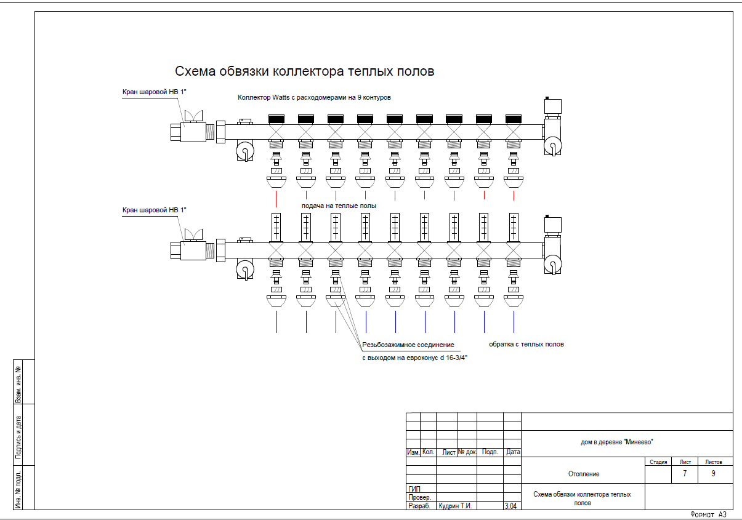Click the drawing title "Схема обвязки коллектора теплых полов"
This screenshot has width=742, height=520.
[305, 71]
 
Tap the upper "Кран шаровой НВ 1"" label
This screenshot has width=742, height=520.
[154, 92]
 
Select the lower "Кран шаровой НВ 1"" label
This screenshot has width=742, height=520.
[154, 210]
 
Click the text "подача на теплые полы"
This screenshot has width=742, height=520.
[338, 206]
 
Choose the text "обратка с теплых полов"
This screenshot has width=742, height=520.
[526, 344]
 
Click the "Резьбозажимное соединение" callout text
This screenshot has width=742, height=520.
[408, 345]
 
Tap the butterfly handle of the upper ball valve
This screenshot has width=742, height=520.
[194, 116]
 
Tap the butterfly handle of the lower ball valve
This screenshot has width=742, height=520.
[194, 234]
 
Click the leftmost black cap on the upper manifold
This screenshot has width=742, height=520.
[276, 118]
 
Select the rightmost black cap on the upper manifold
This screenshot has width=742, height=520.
[514, 118]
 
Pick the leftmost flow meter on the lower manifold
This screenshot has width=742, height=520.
[276, 226]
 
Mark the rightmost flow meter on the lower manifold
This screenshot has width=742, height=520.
[514, 226]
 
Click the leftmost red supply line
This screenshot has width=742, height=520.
[276, 198]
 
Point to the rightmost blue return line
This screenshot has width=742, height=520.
[514, 321]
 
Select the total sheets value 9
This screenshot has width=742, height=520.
[713, 474]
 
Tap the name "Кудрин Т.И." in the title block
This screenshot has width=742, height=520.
[454, 506]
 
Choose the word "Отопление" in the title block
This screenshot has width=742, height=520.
[583, 474]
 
